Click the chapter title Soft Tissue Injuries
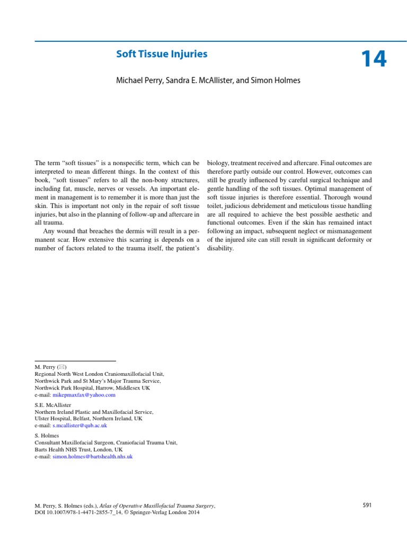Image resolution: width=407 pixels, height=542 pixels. pyautogui.click(x=162, y=54)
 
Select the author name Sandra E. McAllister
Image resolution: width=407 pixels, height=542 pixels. pyautogui.click(x=201, y=80)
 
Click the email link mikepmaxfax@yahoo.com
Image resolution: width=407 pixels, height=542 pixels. pyautogui.click(x=84, y=395)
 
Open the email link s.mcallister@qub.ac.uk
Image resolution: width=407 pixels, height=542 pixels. pyautogui.click(x=79, y=425)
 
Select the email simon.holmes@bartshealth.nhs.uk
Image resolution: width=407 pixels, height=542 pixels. pyautogui.click(x=92, y=456)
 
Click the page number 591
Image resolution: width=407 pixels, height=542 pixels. pyautogui.click(x=367, y=505)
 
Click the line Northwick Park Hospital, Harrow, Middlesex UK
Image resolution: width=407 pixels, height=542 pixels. pyautogui.click(x=92, y=388)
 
